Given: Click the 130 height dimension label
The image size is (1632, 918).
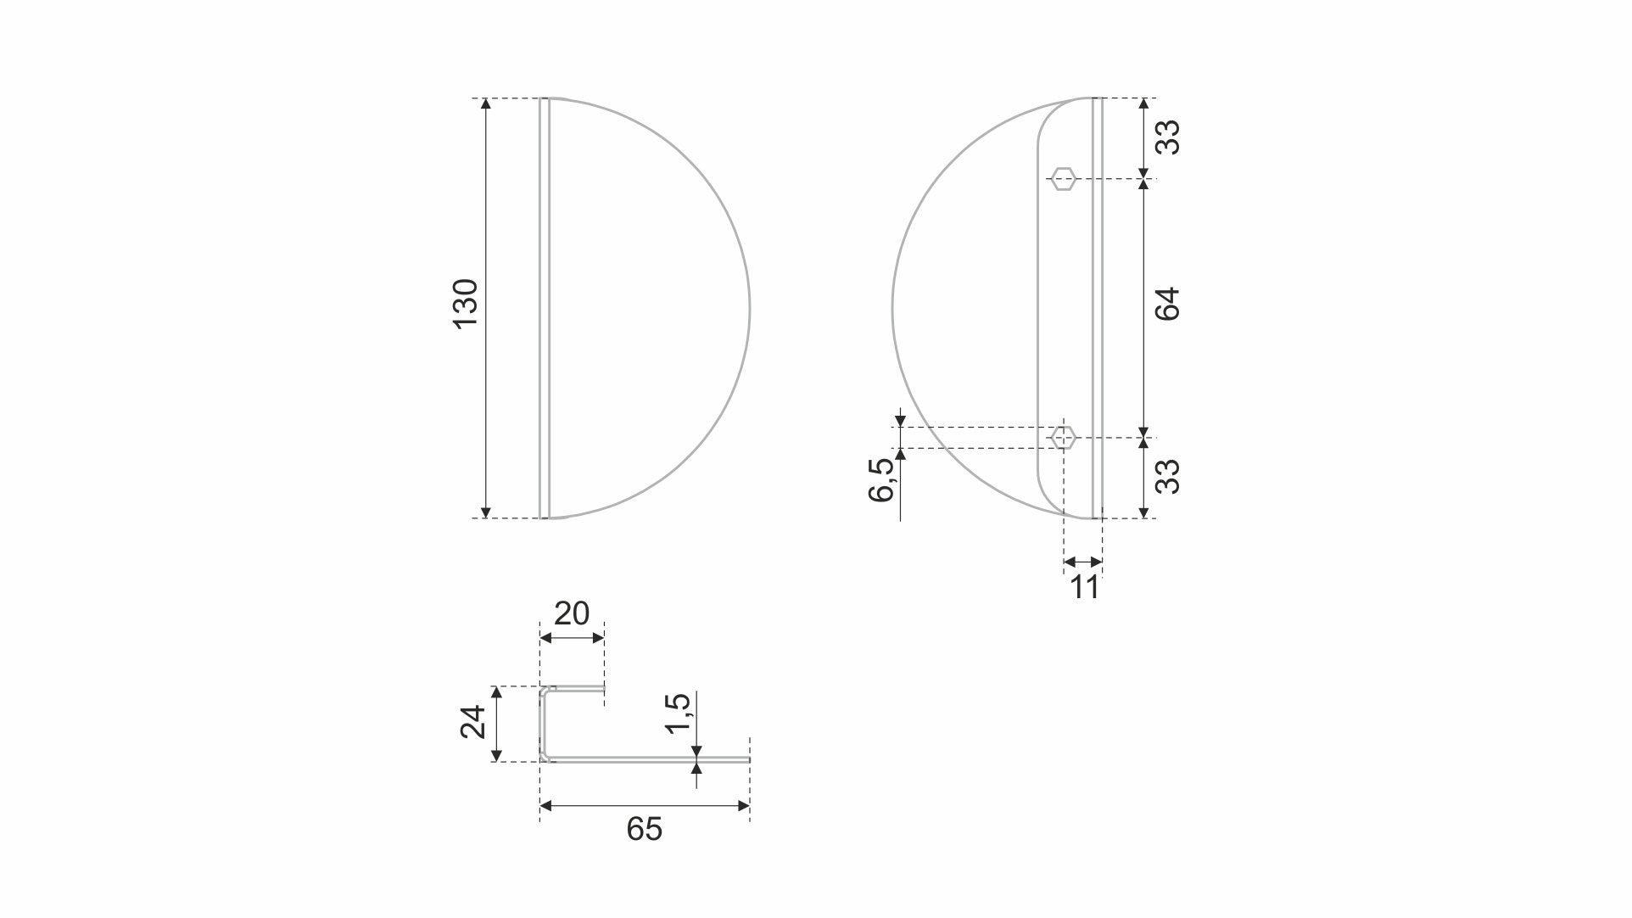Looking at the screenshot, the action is [x=467, y=304].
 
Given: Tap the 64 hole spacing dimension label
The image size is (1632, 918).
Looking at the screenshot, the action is [x=1168, y=305].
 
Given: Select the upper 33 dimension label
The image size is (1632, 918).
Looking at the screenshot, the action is [x=1168, y=137].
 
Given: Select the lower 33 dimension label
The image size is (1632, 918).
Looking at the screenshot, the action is [x=1168, y=477].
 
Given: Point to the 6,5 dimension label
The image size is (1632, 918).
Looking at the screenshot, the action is [x=882, y=480].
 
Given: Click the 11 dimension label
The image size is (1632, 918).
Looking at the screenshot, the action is [x=1085, y=587].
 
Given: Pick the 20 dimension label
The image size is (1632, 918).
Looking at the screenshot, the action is [x=572, y=613].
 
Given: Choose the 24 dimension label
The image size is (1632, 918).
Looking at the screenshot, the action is [x=473, y=722].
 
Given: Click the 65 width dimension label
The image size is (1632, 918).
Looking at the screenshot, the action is [x=645, y=829].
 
